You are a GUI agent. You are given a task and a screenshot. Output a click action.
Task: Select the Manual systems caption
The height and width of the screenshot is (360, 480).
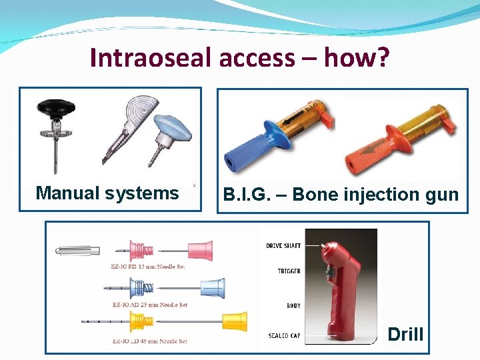tap(107, 193)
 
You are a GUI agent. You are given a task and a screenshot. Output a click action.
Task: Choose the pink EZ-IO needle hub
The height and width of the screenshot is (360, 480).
tap(200, 251)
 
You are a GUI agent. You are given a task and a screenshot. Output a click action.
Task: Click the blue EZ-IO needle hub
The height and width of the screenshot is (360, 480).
tap(211, 288)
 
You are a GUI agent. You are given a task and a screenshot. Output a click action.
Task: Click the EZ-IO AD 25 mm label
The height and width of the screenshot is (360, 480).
tap(149, 305)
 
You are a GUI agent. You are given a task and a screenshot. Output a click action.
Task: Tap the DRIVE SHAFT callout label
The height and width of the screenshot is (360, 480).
tap(283, 246)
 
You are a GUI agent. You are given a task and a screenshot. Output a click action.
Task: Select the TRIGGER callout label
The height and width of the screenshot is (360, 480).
tap(288, 271)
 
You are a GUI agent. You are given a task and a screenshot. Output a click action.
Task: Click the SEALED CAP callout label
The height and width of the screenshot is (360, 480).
tap(284, 335)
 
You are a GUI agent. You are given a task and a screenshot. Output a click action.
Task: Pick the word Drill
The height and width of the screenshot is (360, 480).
tap(405, 334)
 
